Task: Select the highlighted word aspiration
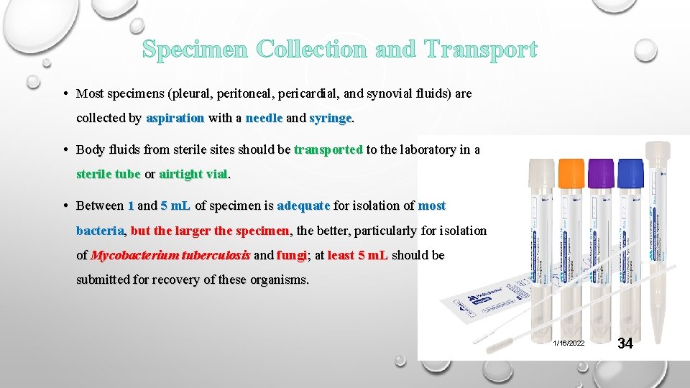pyautogui.click(x=175, y=118)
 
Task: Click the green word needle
pyautogui.click(x=264, y=118)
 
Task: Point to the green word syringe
pyautogui.click(x=331, y=118)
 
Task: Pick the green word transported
pyautogui.click(x=328, y=150)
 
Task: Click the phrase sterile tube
pyautogui.click(x=108, y=174)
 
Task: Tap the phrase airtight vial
pyautogui.click(x=193, y=174)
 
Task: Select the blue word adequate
pyautogui.click(x=303, y=206)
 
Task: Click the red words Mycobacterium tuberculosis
pyautogui.click(x=170, y=255)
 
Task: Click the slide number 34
pyautogui.click(x=625, y=343)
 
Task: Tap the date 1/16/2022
pyautogui.click(x=569, y=343)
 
